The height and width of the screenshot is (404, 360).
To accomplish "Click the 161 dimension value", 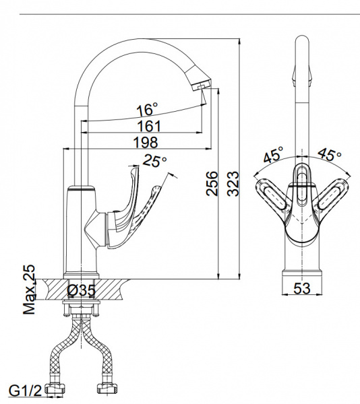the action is pos(149,126).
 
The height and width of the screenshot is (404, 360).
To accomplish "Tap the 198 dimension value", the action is pos(145,142).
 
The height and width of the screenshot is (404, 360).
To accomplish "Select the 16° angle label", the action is pos(147,109).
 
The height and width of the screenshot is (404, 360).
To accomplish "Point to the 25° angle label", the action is pos(155,161).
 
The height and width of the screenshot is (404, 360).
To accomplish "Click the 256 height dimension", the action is pos(212,183).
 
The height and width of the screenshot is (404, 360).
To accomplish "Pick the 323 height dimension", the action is pos(233,183).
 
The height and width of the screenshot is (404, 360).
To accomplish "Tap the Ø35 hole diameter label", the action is pos(81,290).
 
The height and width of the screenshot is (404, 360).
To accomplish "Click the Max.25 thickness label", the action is pos(29,290).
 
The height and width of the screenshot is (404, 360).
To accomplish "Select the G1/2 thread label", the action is pos(25,391).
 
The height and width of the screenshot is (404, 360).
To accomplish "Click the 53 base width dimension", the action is pos(302,288).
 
